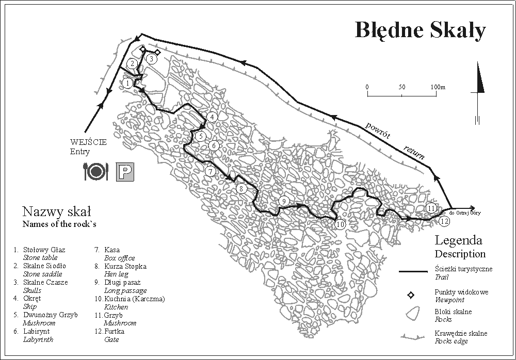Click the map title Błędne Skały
(420, 30)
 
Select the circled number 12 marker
(445, 221)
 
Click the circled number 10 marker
(340, 224)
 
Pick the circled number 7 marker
(210, 172)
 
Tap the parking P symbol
(125, 171)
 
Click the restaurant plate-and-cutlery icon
(95, 171)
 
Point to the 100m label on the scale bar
(438, 87)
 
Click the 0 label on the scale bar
(367, 87)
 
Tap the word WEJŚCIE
(88, 143)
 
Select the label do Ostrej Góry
(465, 212)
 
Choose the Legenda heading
(458, 240)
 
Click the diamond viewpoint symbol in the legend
(411, 295)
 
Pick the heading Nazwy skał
(57, 211)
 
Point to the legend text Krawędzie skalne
(461, 333)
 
